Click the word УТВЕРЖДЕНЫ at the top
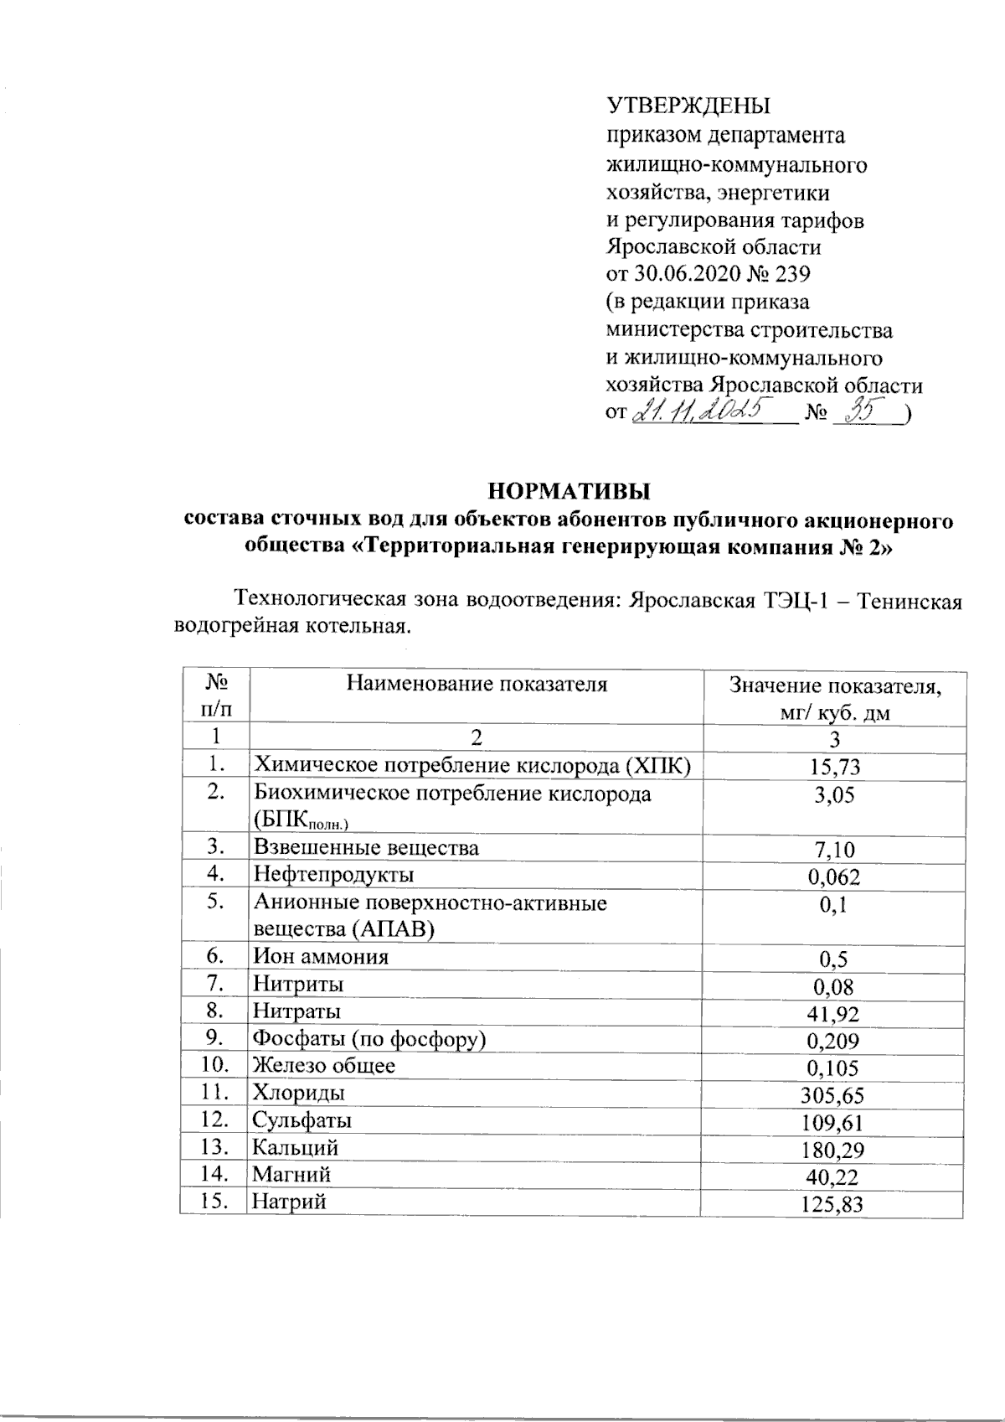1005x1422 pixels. click(688, 107)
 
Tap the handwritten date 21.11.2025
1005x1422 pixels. click(704, 411)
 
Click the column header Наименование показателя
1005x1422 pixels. click(477, 685)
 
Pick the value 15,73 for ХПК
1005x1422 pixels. click(834, 767)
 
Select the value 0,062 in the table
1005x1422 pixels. click(833, 877)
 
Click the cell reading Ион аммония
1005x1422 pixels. click(321, 957)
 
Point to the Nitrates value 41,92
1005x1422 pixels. click(833, 1015)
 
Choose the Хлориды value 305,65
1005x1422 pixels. click(833, 1096)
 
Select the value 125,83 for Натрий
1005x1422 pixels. click(833, 1205)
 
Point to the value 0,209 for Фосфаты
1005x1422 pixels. click(833, 1042)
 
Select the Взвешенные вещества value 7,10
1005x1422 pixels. click(834, 850)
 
